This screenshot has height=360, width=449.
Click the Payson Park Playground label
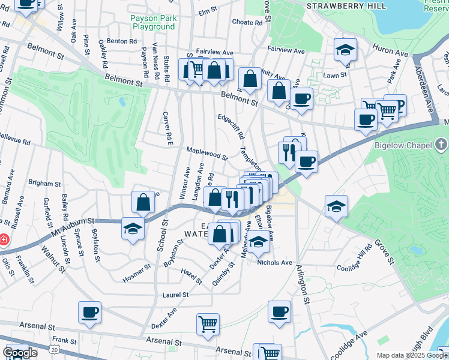152,23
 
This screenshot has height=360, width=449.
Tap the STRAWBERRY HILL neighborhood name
344,5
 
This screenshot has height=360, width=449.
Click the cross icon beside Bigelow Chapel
441,145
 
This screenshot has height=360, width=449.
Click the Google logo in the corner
19,353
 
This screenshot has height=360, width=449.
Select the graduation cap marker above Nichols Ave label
259,242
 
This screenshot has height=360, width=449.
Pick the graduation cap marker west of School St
133,229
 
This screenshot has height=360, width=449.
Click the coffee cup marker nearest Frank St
89,312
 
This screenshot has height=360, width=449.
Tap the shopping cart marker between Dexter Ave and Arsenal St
208,324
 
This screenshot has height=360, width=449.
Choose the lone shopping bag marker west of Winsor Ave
143,202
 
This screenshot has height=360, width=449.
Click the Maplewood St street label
206,155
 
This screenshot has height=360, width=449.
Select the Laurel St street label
176,295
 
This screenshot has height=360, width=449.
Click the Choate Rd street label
247,22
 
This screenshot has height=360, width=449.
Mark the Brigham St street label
44,183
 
